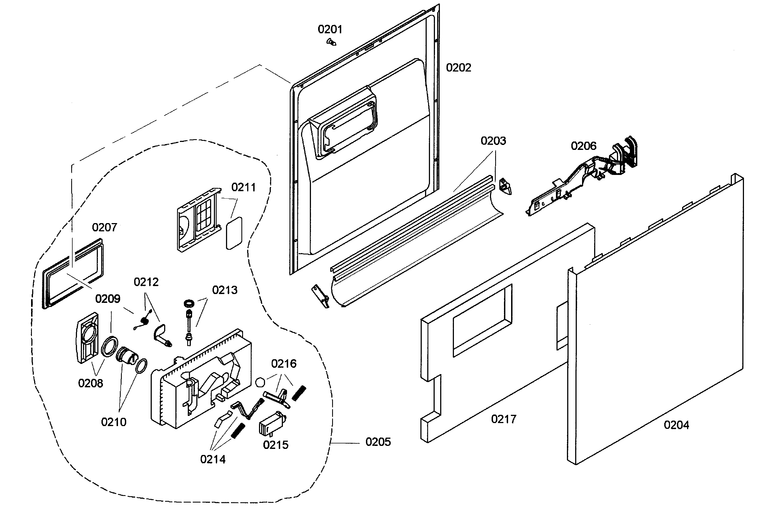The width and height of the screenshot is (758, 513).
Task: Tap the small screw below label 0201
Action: coord(331,42)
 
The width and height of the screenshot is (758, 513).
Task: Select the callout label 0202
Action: coord(458,68)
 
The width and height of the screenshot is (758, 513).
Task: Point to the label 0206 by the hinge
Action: coord(583,146)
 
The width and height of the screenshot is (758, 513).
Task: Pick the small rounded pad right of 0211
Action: coord(235,233)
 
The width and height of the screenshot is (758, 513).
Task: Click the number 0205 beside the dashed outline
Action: coord(378,442)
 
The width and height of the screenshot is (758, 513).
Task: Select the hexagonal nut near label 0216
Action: coord(260,382)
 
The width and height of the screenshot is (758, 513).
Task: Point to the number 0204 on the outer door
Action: coord(676,425)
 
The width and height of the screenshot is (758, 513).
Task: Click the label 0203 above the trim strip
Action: coord(493,141)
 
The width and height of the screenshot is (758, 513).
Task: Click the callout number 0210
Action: coord(114,422)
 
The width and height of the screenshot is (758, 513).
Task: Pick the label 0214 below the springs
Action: coord(213,459)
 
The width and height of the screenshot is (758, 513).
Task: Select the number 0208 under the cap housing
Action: coord(90,383)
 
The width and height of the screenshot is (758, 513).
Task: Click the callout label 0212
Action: coord(146,282)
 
